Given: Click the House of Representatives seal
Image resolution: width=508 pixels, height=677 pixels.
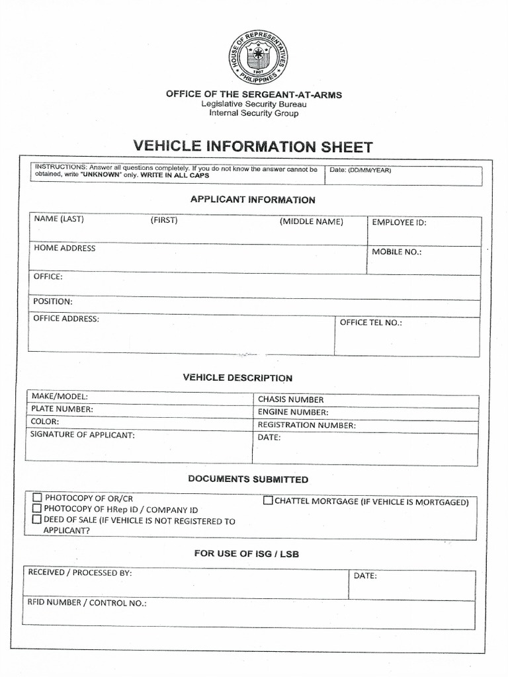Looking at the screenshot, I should pyautogui.click(x=258, y=59).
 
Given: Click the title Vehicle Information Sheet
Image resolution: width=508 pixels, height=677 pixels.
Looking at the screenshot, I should pyautogui.click(x=253, y=147).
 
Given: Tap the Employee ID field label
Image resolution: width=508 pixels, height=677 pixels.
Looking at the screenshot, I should pyautogui.click(x=399, y=223).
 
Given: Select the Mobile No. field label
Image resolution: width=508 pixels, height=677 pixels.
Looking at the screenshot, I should pyautogui.click(x=396, y=252).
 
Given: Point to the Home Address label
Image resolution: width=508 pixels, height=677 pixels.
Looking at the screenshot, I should pyautogui.click(x=64, y=249).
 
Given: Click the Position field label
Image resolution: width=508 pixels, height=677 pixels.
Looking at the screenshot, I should pyautogui.click(x=53, y=301).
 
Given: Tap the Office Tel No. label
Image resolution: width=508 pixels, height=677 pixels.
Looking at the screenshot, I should pyautogui.click(x=370, y=323).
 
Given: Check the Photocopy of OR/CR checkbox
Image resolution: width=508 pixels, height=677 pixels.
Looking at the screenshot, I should pyautogui.click(x=37, y=498).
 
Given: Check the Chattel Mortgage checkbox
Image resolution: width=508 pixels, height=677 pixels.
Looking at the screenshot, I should pyautogui.click(x=268, y=500).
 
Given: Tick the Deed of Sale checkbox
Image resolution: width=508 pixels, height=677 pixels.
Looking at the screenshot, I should pyautogui.click(x=37, y=520).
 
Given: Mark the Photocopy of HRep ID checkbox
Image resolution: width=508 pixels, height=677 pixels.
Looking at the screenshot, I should pyautogui.click(x=37, y=509).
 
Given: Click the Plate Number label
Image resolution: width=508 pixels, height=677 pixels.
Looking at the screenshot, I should pyautogui.click(x=62, y=409).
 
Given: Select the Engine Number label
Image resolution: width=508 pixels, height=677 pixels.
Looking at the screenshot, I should pyautogui.click(x=293, y=413).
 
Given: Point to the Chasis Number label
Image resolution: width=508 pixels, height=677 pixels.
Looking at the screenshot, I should pyautogui.click(x=290, y=400).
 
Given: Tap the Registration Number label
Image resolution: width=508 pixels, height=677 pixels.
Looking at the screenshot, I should pyautogui.click(x=306, y=425).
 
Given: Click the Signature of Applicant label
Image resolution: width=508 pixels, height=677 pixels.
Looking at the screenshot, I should pyautogui.click(x=83, y=435).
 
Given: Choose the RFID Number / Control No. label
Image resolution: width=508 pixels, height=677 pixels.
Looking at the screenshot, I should pyautogui.click(x=87, y=603).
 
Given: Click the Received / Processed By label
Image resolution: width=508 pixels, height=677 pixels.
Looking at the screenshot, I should pyautogui.click(x=79, y=573).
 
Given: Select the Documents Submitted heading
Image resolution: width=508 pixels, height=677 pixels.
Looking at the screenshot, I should pyautogui.click(x=248, y=479).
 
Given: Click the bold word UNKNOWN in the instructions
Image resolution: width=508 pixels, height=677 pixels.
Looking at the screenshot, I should pyautogui.click(x=101, y=176).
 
